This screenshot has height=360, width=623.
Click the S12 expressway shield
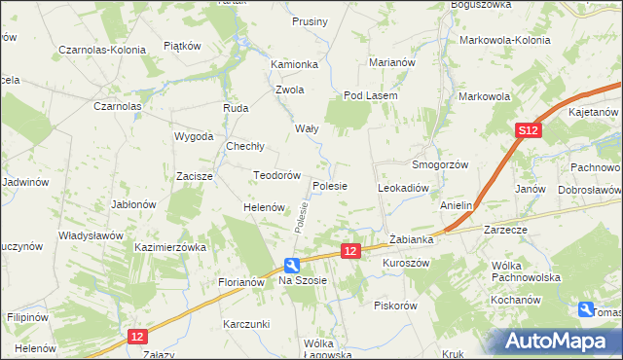point(528,130)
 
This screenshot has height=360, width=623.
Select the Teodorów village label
point(275,175)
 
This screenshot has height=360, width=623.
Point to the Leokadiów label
point(403,186)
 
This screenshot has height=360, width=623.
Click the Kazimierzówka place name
point(170,248)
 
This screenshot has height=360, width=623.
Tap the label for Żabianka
point(410,238)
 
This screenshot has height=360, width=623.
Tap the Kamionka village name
point(295,64)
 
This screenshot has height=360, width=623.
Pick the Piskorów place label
point(395,305)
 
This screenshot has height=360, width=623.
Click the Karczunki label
point(245,322)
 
